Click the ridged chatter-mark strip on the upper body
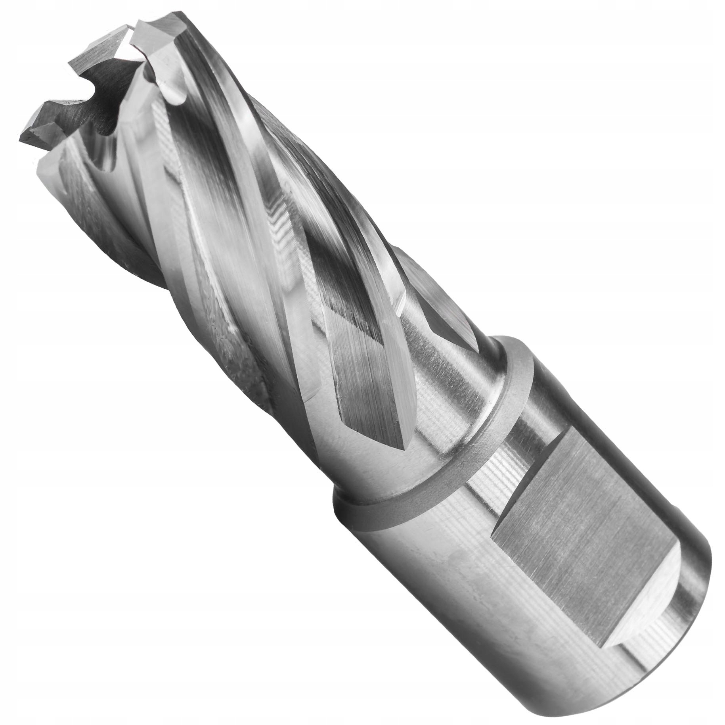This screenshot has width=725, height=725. click(x=277, y=222)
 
